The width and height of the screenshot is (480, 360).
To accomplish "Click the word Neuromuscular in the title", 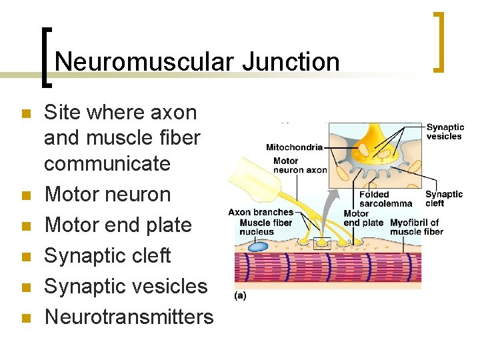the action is click(x=144, y=62).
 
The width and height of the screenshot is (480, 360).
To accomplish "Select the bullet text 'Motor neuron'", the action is click(x=107, y=195).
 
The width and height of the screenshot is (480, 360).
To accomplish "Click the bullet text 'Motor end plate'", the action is click(x=118, y=225).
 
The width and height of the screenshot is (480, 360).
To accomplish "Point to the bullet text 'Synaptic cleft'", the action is click(x=107, y=256).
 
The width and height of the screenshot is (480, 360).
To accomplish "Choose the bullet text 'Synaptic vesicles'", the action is click(x=126, y=287).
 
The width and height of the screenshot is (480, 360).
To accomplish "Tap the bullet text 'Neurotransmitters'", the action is click(x=129, y=317).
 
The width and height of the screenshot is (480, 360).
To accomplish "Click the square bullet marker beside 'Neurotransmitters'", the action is click(x=26, y=318).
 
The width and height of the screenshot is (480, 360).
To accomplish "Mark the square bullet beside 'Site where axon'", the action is click(x=26, y=114).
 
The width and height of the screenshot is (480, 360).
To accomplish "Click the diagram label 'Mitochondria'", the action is click(x=294, y=147).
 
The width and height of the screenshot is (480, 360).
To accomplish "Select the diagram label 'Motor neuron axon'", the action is click(x=300, y=165).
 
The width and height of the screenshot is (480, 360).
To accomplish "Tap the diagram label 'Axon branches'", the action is click(x=261, y=212).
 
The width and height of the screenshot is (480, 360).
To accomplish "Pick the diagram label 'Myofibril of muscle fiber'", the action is click(x=417, y=227).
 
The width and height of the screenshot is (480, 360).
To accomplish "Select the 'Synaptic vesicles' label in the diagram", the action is click(x=444, y=131).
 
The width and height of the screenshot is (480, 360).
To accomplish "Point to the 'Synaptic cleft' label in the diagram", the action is click(x=444, y=199).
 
